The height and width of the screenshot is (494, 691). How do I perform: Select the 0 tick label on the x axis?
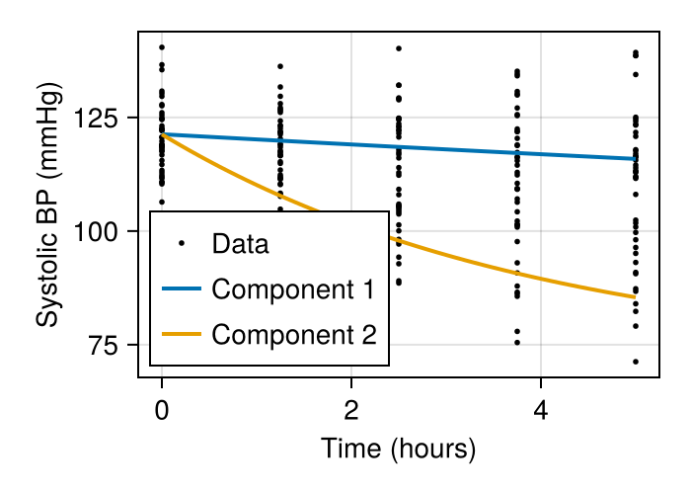pyautogui.click(x=162, y=410)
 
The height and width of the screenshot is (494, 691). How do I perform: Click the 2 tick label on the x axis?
pyautogui.click(x=351, y=410)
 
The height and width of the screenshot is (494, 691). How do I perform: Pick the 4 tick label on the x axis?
pyautogui.click(x=541, y=410)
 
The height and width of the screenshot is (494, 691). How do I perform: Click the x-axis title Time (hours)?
pyautogui.click(x=399, y=450)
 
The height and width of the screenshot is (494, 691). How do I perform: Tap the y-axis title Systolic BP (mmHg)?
pyautogui.click(x=47, y=205)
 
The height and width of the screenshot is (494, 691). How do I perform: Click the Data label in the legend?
pyautogui.click(x=240, y=243)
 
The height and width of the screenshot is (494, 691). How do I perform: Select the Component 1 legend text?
pyautogui.click(x=293, y=289)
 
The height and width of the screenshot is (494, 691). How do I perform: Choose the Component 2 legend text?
pyautogui.click(x=293, y=335)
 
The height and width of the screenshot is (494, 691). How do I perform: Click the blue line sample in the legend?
pyautogui.click(x=182, y=289)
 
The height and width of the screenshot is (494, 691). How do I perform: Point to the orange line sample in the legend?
pyautogui.click(x=182, y=335)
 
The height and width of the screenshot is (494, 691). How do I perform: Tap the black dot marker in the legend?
pyautogui.click(x=182, y=243)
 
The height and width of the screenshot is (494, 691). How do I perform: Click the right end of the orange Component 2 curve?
pyautogui.click(x=636, y=297)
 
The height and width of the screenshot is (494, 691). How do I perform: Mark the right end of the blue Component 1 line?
pyautogui.click(x=636, y=159)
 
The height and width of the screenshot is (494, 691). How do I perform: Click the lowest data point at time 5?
pyautogui.click(x=636, y=362)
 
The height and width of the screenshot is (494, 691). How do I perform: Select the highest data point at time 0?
pyautogui.click(x=162, y=47)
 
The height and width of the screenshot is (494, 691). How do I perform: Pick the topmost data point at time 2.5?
pyautogui.click(x=399, y=48)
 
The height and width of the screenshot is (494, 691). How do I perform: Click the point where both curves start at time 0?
pyautogui.click(x=162, y=134)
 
